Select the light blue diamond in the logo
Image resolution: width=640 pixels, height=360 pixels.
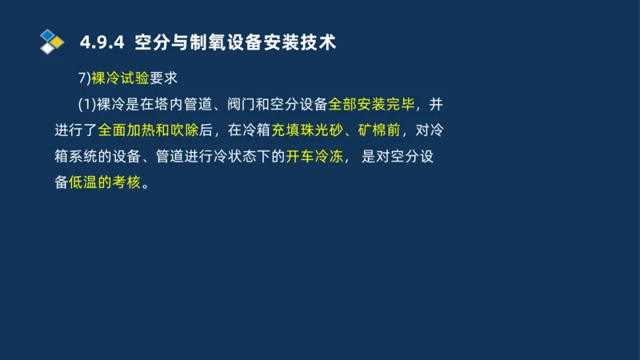pos(48,34)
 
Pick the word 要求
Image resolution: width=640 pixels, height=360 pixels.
pos(162,78)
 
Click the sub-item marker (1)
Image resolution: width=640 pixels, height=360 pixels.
pos(86,105)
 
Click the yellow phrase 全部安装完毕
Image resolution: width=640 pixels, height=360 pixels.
pos(373,105)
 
